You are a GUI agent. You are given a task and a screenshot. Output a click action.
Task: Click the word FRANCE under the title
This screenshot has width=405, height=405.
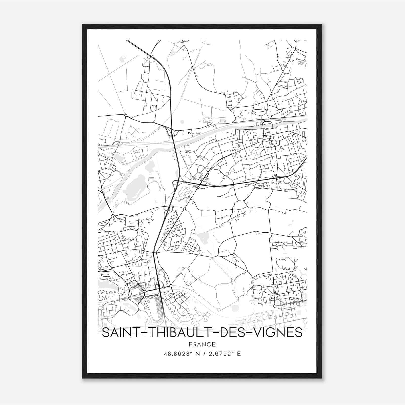202,344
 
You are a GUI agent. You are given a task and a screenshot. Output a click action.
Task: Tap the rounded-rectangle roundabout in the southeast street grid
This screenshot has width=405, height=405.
273,286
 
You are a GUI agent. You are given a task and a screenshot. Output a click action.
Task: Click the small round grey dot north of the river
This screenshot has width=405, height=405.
182,122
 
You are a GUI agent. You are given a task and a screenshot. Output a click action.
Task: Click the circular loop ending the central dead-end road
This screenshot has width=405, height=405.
193,231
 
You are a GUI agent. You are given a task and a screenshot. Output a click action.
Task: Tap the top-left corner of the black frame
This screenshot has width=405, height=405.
83,25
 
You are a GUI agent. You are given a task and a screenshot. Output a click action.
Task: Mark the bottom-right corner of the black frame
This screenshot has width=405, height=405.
321,378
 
